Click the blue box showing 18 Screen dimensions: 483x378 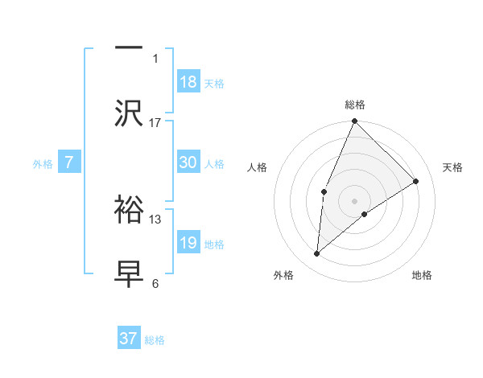tap(188, 82)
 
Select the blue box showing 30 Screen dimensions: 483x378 tap(188, 162)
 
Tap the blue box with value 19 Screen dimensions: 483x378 tap(188, 243)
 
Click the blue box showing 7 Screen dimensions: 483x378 tap(69, 162)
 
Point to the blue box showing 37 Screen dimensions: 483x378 tap(129, 339)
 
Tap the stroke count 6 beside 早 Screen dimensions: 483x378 tap(155, 283)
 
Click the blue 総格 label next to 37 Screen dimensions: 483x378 tap(155, 340)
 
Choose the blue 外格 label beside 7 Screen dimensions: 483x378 tap(43, 163)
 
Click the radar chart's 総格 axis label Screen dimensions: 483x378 tap(355, 105)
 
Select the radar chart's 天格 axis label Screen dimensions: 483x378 tap(452, 167)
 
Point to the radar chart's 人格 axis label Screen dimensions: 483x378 tap(257, 167)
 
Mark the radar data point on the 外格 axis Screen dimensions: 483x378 tap(317, 254)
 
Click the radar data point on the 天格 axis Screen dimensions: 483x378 tap(416, 181)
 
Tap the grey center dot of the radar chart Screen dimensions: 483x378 tap(355, 200)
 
